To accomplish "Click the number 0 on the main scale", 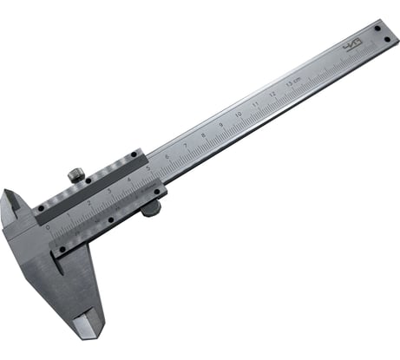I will [x=49, y=226].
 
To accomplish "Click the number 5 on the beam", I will [x=148, y=168].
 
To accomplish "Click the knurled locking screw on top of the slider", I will [x=76, y=175].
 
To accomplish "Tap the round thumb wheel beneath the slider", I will [x=151, y=208].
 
